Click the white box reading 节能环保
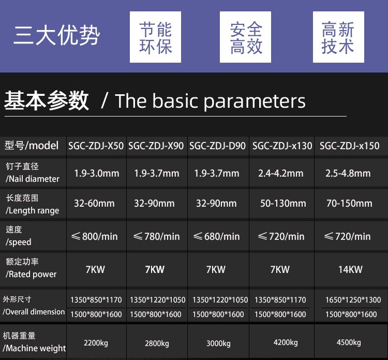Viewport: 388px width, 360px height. (155, 37)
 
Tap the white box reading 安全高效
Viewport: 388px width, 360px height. (245, 37)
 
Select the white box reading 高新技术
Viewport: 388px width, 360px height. (338, 37)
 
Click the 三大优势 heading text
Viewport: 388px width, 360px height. (57, 35)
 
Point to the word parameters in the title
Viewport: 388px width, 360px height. (255, 102)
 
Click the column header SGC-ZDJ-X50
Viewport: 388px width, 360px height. (96, 146)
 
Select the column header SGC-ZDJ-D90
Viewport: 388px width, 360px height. (217, 146)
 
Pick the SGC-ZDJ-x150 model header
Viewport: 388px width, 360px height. (349, 146)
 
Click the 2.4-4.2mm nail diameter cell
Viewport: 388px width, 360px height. (281, 173)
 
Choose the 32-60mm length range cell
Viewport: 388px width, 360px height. (94, 204)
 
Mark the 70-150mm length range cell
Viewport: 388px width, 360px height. (349, 204)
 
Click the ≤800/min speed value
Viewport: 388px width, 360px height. (94, 236)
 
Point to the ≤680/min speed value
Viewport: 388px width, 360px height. (217, 236)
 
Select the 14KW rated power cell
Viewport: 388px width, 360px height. (350, 269)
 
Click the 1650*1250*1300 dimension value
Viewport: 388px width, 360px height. (353, 300)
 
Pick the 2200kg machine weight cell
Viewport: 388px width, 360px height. (96, 343)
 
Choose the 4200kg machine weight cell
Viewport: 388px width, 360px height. (286, 342)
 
